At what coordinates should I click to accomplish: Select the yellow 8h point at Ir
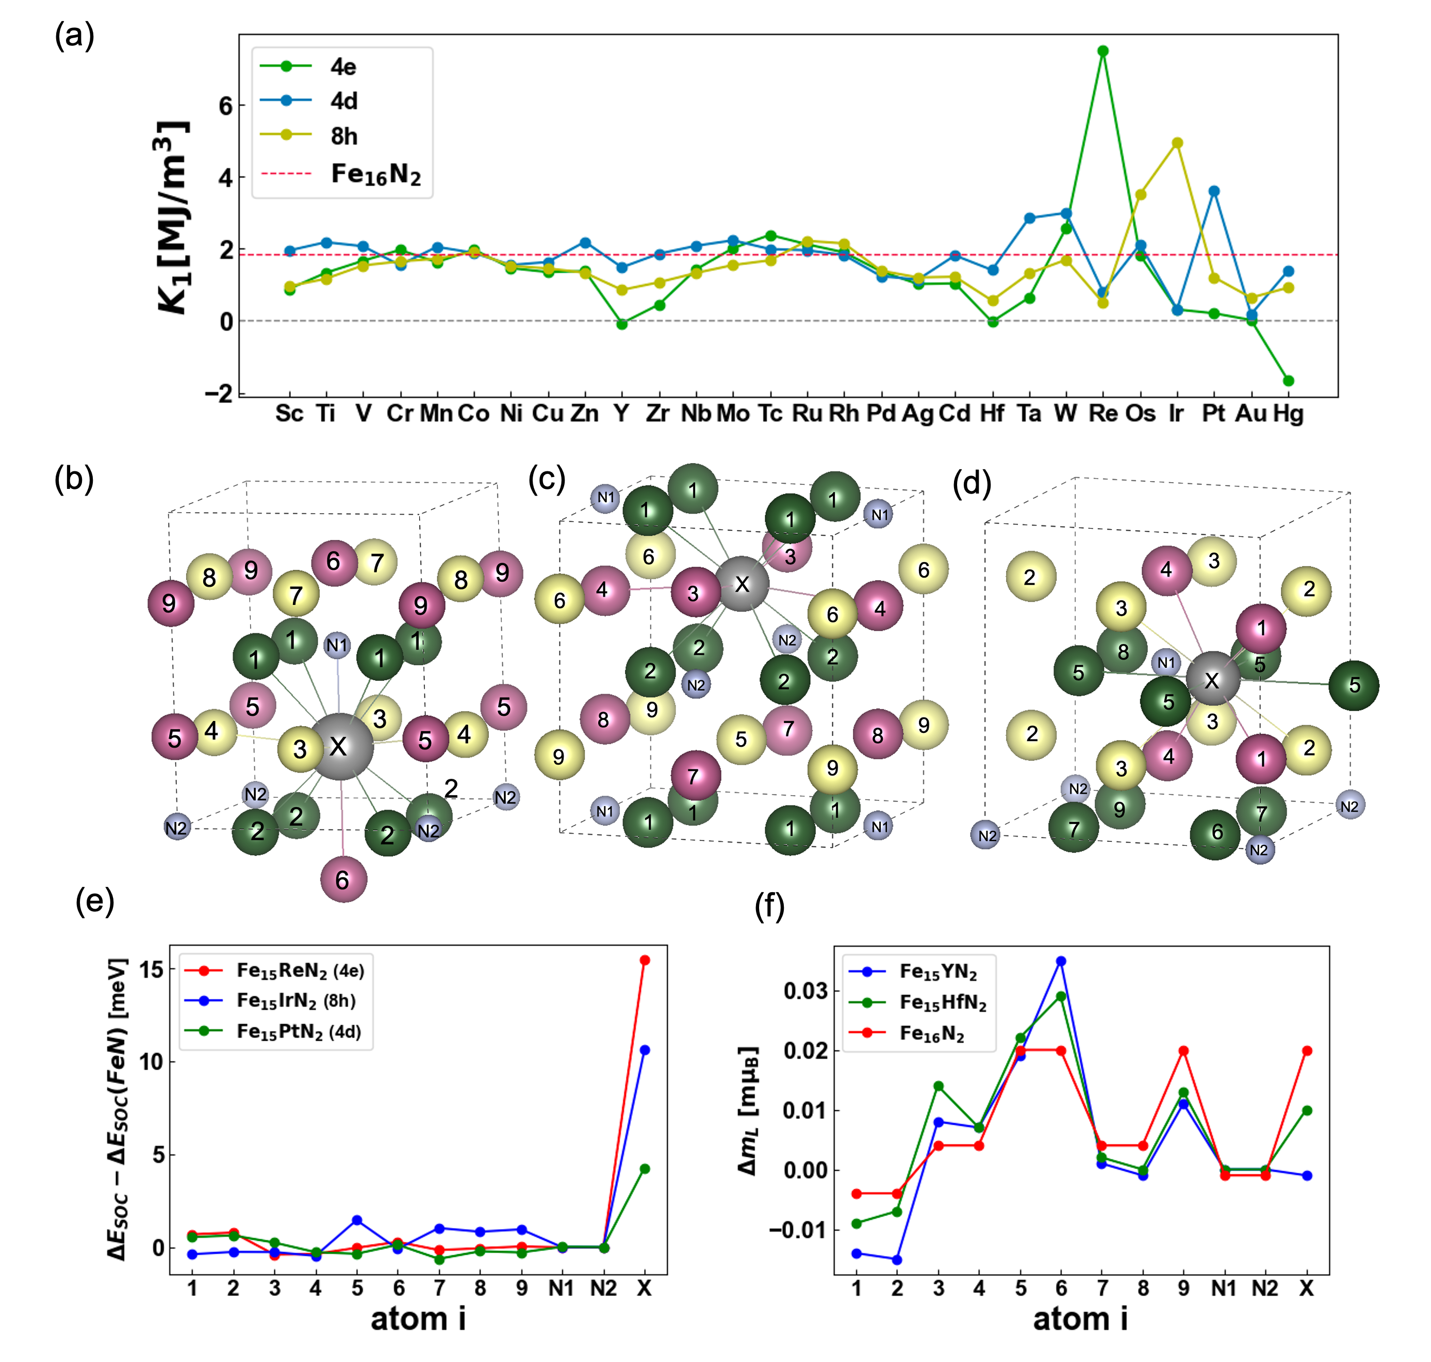[x=1177, y=143]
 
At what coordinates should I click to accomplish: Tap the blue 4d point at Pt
[x=1213, y=191]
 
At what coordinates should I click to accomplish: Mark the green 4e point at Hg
[x=1288, y=381]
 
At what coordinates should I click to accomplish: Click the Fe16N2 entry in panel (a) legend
[x=375, y=174]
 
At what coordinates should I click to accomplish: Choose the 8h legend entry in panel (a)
[x=343, y=136]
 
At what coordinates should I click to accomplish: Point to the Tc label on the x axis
[x=769, y=413]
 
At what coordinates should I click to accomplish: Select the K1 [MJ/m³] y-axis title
[x=172, y=218]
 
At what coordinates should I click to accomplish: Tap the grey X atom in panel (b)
[x=340, y=746]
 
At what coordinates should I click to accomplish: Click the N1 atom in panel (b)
[x=337, y=645]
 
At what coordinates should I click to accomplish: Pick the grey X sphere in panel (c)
[x=741, y=584]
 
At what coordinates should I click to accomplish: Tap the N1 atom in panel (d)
[x=1165, y=662]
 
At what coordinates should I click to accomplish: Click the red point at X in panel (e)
[x=644, y=960]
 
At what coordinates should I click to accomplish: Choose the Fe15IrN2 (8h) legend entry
[x=295, y=1001]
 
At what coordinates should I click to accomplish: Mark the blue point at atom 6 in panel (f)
[x=1061, y=961]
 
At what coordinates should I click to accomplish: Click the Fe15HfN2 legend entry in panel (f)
[x=942, y=1003]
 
